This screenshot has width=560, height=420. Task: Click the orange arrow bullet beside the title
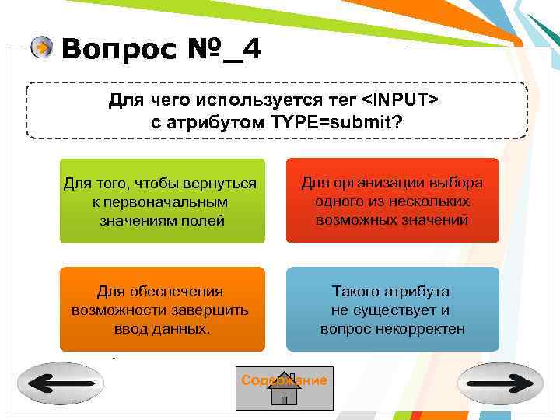click(x=42, y=47)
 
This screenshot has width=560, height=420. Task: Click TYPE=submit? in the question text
click(x=337, y=123)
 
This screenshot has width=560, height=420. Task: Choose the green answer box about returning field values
click(x=162, y=201)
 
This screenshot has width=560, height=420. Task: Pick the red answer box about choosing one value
click(x=392, y=201)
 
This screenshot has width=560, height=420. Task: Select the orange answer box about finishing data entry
click(x=162, y=309)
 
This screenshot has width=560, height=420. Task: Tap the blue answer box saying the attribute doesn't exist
click(x=392, y=309)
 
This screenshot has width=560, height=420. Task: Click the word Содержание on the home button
click(x=284, y=380)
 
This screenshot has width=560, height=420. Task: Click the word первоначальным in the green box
click(x=161, y=201)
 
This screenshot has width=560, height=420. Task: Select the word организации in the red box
click(x=378, y=183)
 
